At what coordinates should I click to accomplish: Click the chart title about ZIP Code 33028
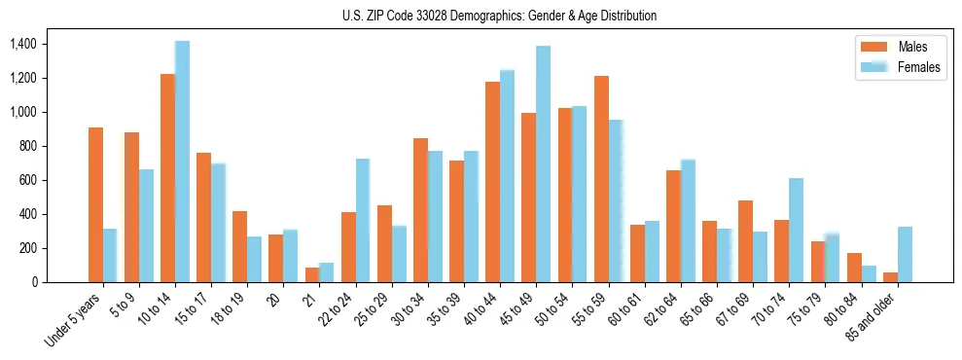499,16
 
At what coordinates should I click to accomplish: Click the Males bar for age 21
312,274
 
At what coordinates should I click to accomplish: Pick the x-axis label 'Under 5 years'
74,318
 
